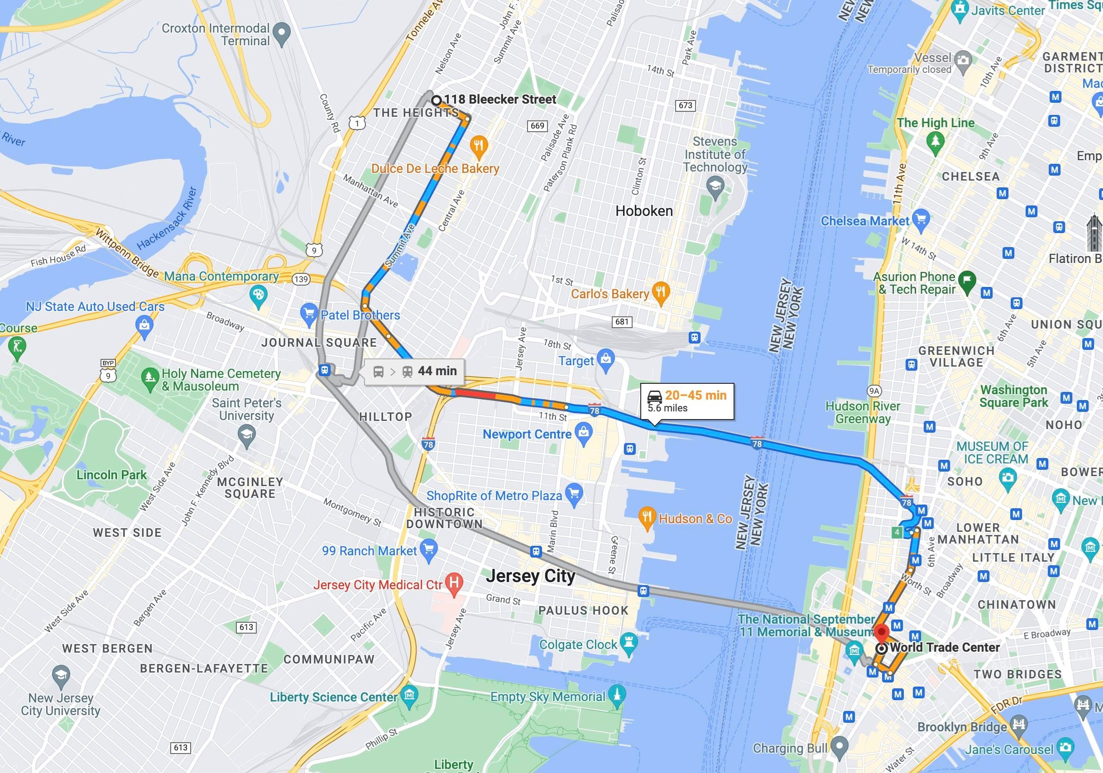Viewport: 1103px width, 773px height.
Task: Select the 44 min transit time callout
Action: (414, 371)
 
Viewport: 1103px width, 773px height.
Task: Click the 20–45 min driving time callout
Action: (687, 401)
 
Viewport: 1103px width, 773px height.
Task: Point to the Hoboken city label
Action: (644, 211)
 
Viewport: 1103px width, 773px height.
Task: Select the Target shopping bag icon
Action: (606, 360)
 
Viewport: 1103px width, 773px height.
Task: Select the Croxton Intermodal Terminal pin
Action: (282, 33)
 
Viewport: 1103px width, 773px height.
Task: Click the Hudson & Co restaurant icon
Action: (647, 518)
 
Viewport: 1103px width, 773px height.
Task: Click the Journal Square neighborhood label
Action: (319, 342)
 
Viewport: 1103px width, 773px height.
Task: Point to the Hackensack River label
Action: (167, 219)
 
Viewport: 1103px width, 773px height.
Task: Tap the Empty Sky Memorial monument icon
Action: (617, 696)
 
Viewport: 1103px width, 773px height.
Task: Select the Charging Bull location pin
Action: (839, 747)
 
